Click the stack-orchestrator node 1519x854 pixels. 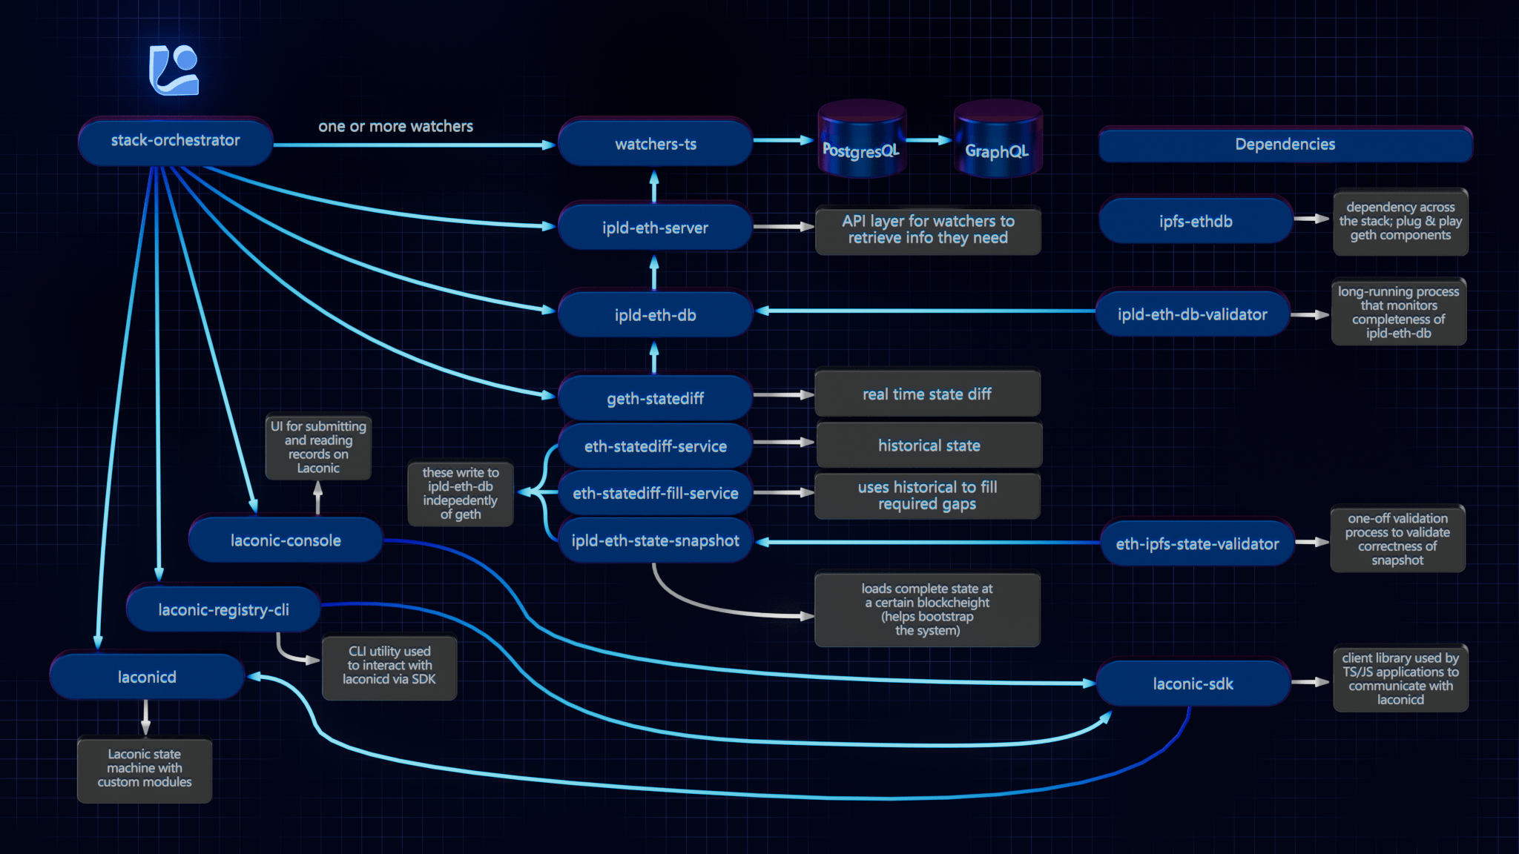tap(175, 141)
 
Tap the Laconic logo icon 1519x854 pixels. tap(174, 70)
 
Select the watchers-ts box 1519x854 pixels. tap(655, 144)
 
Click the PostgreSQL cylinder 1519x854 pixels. tap(861, 141)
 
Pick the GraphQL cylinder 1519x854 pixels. tap(997, 141)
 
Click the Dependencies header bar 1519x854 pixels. tap(1285, 145)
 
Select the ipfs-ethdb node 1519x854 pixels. tap(1196, 221)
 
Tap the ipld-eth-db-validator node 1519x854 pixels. tap(1192, 314)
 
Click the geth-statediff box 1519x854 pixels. tap(655, 398)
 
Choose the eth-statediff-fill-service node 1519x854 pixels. tap(655, 493)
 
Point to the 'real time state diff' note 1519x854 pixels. tap(927, 394)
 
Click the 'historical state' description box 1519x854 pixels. tap(929, 446)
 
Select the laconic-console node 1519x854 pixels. tap(286, 540)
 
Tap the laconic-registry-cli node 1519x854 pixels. tap(223, 609)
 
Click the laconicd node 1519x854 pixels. tap(147, 677)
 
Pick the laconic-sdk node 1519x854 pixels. tap(1193, 683)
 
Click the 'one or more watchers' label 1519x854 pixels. tap(395, 126)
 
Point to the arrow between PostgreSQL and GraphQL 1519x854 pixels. tap(929, 140)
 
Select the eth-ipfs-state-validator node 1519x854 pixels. tap(1197, 543)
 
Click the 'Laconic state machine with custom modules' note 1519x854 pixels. tap(145, 769)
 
